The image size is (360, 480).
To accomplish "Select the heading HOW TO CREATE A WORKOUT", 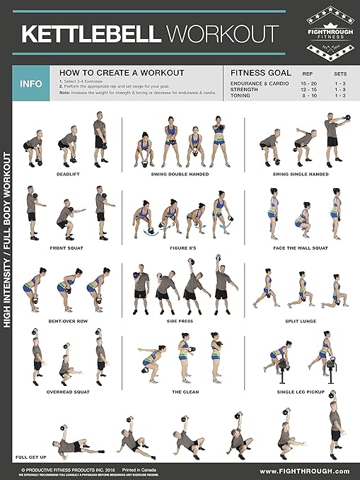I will point(122,72).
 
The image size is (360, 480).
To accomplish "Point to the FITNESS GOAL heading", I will point(260,72).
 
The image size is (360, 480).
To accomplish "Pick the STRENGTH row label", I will point(245,89).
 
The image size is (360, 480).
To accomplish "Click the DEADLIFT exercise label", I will point(67,173).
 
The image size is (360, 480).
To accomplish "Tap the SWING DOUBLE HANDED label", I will point(179,173).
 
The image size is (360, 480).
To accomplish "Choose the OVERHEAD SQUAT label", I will point(67,391).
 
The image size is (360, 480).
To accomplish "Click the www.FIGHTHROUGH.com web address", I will point(304,471).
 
